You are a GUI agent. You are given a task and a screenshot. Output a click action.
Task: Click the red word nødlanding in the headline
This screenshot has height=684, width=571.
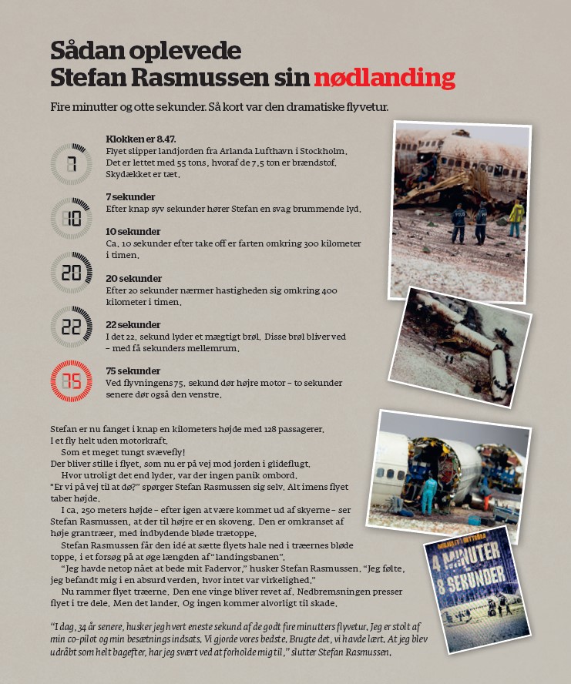pos(384,77)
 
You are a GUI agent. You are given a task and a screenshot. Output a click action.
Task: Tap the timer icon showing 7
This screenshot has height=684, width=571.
pos(71,164)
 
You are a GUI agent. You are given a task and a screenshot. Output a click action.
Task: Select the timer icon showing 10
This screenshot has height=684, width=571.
pos(71,218)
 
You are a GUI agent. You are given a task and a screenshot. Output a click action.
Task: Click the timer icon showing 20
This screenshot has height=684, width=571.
pos(71,273)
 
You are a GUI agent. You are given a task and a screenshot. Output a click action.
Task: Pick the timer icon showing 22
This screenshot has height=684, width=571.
pos(71,327)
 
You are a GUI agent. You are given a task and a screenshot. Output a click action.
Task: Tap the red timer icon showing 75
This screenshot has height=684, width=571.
pos(71,381)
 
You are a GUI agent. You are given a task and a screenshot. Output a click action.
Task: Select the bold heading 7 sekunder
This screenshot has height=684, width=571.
pos(130,197)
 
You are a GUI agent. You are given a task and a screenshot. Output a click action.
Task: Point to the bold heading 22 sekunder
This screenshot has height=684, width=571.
pos(133,325)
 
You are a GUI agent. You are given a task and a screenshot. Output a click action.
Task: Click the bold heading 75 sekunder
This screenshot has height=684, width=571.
pos(133,371)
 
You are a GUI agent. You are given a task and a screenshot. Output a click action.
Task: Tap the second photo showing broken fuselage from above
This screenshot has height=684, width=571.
pos(462,346)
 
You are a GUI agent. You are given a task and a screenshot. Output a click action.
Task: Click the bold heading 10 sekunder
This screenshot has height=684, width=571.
pos(133,232)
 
